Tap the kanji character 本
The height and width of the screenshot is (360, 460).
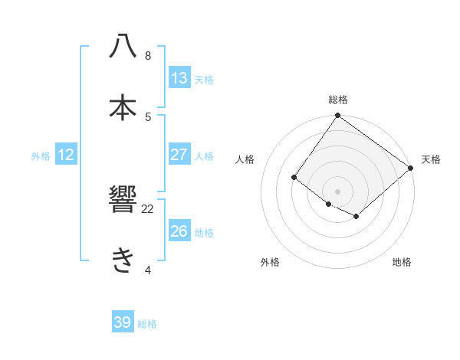tap(123, 106)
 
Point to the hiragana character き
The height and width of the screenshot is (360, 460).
tap(123, 260)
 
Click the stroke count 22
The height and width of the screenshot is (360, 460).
tap(147, 208)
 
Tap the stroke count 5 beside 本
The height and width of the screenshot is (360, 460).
tap(147, 116)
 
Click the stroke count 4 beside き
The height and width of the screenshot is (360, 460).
tap(147, 270)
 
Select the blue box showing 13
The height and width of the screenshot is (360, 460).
tap(179, 78)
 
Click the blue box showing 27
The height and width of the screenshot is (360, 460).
tap(179, 155)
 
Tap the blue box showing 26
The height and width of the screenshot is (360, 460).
tap(179, 231)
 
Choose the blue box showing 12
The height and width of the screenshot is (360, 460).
tap(66, 155)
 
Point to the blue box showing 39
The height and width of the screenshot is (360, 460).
tap(123, 322)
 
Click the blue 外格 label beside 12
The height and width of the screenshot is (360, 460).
tap(41, 156)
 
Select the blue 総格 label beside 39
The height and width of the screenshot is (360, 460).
tap(147, 324)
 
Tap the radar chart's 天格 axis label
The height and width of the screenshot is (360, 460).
tap(431, 159)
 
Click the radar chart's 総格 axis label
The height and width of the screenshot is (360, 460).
tap(338, 100)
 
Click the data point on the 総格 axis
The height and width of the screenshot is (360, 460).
tap(338, 116)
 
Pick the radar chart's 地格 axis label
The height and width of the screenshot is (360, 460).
tap(402, 262)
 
